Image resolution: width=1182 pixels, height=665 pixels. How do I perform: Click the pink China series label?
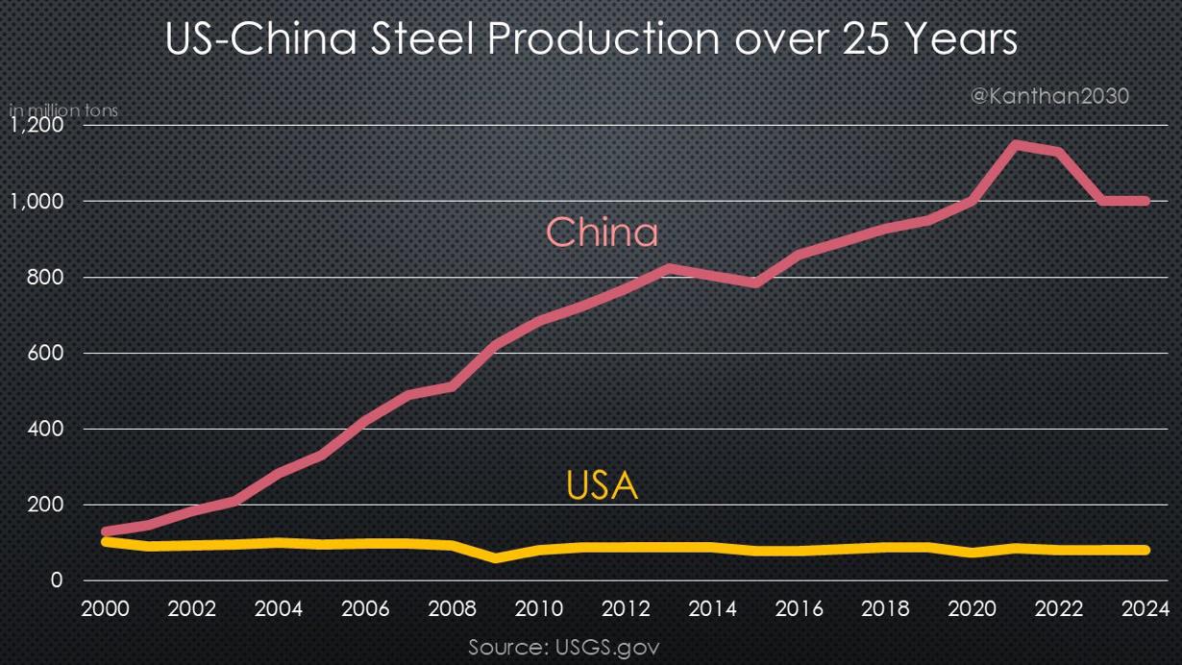[x=603, y=233]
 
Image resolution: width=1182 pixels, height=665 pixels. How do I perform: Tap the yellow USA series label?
[x=602, y=485]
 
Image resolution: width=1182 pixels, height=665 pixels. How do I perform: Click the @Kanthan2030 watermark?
[x=1049, y=96]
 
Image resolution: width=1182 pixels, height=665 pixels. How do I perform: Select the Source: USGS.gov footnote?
[x=563, y=646]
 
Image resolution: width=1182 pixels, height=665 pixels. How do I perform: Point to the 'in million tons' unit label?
[x=63, y=111]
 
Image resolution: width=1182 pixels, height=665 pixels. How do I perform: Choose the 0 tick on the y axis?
[x=57, y=580]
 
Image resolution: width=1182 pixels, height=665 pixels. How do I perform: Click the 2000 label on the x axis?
[x=105, y=608]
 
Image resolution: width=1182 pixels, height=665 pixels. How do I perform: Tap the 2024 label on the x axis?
[x=1145, y=608]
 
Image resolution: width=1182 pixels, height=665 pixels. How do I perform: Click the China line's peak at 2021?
[x=1016, y=145]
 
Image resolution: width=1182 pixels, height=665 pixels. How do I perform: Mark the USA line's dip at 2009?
[x=495, y=557]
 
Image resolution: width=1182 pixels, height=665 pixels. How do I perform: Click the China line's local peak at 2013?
[x=669, y=268]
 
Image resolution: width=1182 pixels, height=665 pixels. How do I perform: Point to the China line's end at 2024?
[x=1145, y=201]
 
